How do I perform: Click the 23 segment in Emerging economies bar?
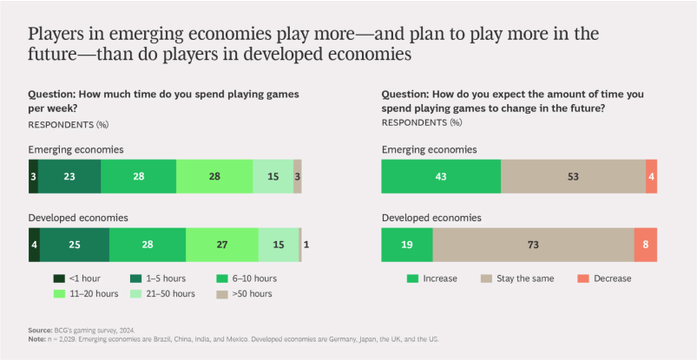(x=69, y=176)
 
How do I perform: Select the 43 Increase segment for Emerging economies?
(x=441, y=176)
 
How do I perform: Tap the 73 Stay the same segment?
(x=533, y=245)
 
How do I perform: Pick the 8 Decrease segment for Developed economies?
(x=645, y=245)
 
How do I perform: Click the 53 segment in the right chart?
(x=573, y=176)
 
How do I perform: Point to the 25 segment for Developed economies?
(x=75, y=245)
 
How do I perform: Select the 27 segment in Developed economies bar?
(x=221, y=245)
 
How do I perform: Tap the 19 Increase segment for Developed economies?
(x=407, y=245)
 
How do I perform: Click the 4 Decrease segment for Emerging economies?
(x=651, y=176)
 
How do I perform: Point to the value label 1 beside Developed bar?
(x=306, y=245)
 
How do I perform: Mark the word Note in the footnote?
(x=37, y=338)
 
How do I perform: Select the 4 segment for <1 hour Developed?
(x=34, y=245)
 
